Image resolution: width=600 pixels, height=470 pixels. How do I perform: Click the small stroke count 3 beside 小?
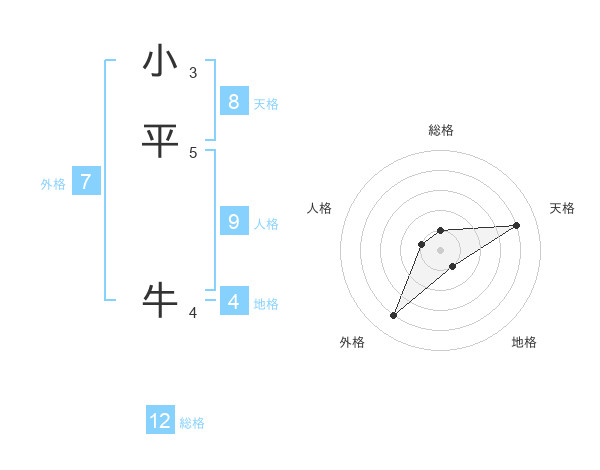[193, 72]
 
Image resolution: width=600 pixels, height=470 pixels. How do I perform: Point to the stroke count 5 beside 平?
[193, 152]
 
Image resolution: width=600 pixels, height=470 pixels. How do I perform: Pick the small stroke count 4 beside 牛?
[193, 313]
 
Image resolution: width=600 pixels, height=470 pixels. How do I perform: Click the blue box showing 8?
[233, 101]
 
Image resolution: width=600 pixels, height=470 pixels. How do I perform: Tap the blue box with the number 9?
[233, 221]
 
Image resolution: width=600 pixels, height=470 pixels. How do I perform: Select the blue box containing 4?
[233, 301]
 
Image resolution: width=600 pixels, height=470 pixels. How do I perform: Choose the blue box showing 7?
[86, 182]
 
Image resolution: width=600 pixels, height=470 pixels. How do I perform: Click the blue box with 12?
[160, 421]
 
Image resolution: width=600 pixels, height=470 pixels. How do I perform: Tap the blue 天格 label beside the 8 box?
[266, 104]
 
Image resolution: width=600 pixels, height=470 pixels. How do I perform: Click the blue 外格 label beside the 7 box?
[53, 184]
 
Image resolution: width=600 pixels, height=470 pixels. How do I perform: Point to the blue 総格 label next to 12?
[192, 423]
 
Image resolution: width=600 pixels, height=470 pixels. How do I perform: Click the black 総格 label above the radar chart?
[440, 130]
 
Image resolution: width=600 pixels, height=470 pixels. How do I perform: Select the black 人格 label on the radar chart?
[320, 208]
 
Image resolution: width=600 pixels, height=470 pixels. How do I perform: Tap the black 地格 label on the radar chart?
[524, 343]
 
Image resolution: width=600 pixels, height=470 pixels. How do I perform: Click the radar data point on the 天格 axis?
[516, 225]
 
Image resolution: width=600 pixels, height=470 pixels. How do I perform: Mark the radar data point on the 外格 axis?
[393, 316]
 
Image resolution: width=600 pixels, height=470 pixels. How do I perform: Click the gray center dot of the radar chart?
[440, 250]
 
